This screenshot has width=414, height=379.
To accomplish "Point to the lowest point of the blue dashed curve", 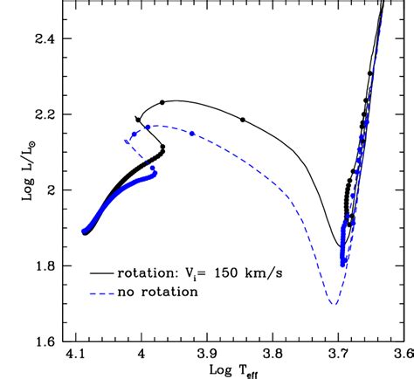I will [333, 304].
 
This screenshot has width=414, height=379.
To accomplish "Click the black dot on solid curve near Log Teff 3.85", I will [243, 120].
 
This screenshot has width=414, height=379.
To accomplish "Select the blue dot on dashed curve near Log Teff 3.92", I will [191, 133].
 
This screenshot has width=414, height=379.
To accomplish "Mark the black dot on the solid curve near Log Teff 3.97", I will [161, 103].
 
